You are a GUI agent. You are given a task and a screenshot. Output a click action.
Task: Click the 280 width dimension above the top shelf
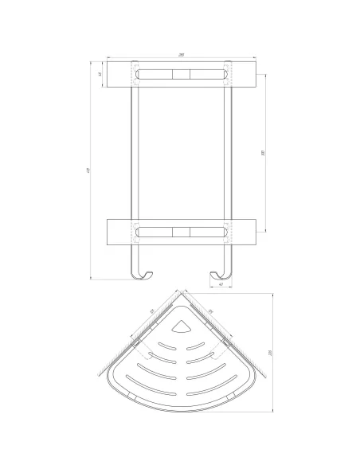coord(182,54)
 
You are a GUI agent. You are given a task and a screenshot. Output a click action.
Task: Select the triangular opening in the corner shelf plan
coord(182,326)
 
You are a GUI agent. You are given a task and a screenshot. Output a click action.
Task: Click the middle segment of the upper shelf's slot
coord(182,76)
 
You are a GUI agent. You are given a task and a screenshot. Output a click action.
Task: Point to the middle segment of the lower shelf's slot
coord(182,233)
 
